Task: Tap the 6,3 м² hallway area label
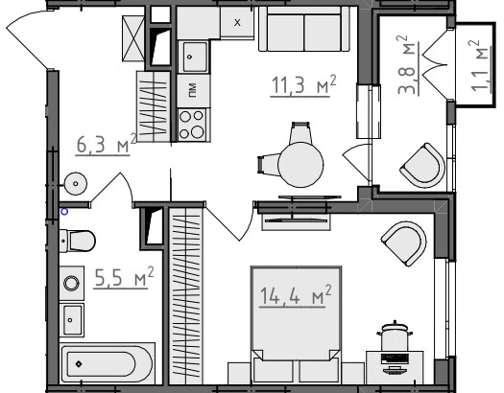(x=107, y=144)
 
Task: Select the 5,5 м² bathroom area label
(x=124, y=277)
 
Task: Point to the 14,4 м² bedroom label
(x=296, y=295)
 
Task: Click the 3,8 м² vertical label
(x=407, y=65)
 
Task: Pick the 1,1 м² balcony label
(x=480, y=66)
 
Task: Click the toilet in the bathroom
(x=78, y=241)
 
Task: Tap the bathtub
(x=107, y=363)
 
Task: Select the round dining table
(x=300, y=165)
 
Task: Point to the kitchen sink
(x=194, y=57)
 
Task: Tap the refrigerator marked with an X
(x=237, y=22)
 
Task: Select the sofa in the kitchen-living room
(x=303, y=29)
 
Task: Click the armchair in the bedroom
(x=404, y=243)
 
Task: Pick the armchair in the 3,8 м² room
(x=423, y=165)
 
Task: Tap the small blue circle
(x=64, y=212)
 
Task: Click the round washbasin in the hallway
(x=75, y=183)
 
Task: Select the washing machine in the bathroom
(x=72, y=284)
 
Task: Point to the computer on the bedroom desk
(x=395, y=363)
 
